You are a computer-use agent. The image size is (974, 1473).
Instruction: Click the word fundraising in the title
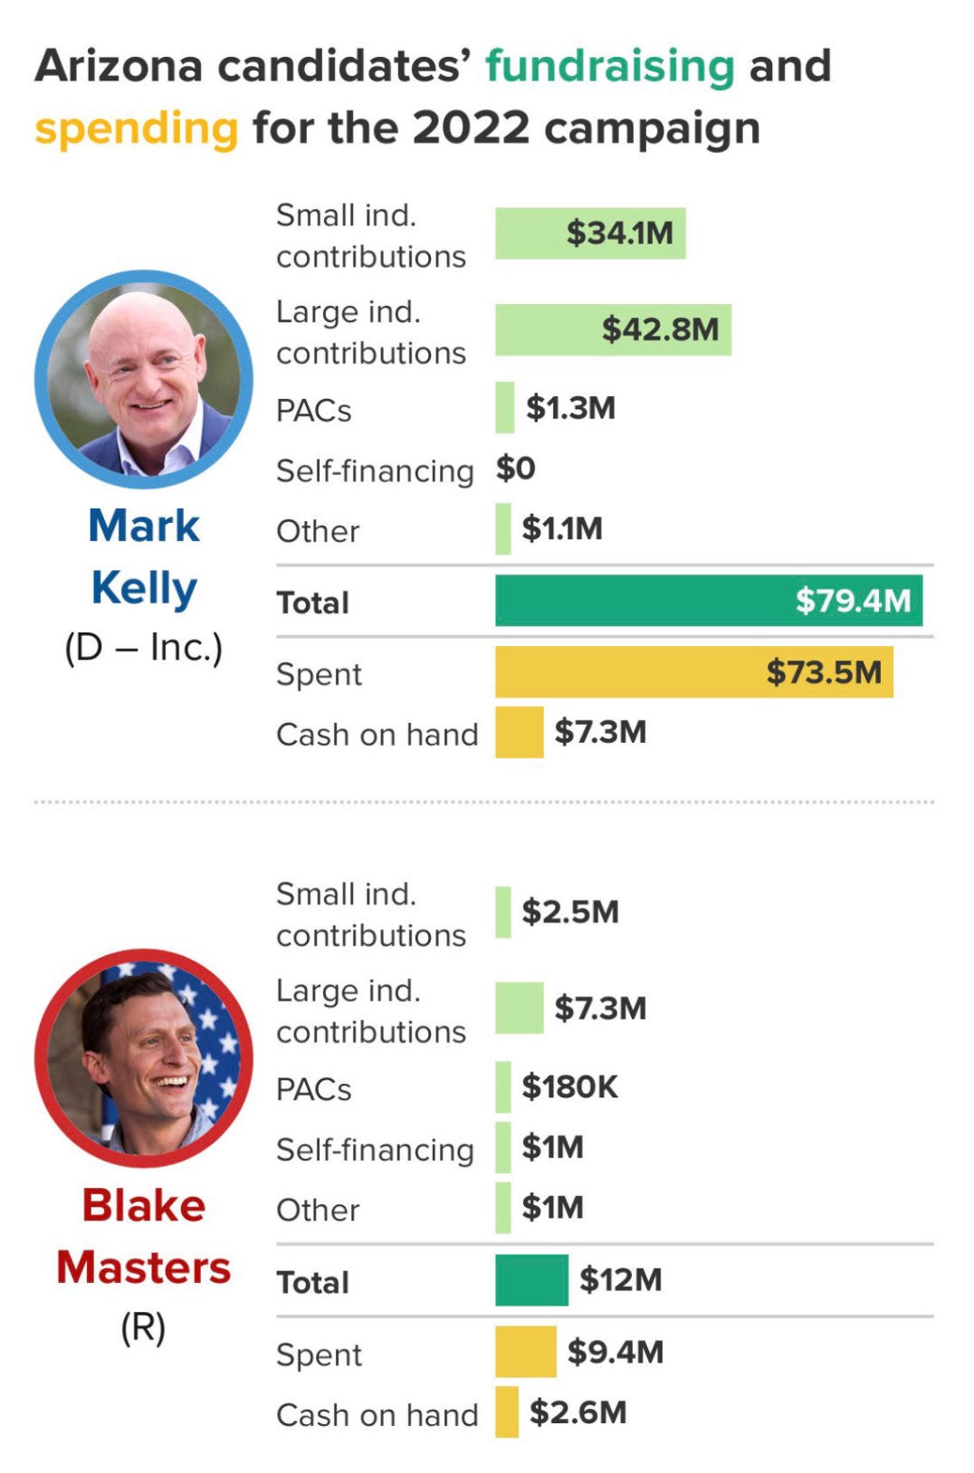pos(609,67)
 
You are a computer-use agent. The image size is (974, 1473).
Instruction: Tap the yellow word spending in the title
pos(137,128)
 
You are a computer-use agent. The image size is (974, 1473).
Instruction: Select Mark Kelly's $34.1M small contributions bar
pos(589,233)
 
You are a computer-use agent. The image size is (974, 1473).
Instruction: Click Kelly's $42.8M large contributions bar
pos(613,329)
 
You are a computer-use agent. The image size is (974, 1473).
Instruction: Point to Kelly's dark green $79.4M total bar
pos(709,601)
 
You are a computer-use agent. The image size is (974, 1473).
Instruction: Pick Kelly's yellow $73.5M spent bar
pos(693,672)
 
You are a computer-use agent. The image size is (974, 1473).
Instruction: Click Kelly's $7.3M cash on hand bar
pos(519,732)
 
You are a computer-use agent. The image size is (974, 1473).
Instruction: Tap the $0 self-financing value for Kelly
pos(515,469)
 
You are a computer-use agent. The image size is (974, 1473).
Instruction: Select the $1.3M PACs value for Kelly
pos(570,408)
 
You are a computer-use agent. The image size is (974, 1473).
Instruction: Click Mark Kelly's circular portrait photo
pos(144,379)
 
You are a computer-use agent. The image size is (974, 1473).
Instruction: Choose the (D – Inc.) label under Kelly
pos(143,648)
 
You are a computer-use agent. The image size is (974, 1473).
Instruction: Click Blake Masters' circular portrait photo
pos(144,1058)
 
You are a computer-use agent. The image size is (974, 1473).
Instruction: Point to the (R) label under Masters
pos(143,1327)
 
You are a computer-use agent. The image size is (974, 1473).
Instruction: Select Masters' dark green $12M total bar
pos(531,1280)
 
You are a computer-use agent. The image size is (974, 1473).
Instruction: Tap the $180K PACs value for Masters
pos(569,1087)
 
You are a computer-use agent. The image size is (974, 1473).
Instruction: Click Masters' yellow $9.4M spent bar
pos(525,1352)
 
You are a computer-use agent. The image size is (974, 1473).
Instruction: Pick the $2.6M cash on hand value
pos(578,1412)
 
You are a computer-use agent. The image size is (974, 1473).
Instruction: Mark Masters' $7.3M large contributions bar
pos(519,1008)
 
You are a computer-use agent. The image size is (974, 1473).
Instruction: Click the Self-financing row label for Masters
pos(375,1150)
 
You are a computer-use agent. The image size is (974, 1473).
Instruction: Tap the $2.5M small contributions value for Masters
pos(570,912)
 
